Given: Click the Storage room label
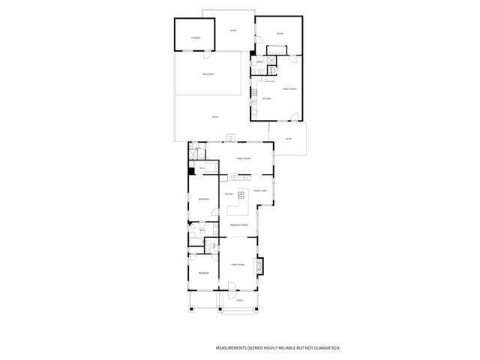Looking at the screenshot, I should click(195, 37).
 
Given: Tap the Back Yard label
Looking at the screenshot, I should click(209, 74).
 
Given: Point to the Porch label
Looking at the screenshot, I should click(239, 301).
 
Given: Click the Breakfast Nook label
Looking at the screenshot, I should click(239, 225).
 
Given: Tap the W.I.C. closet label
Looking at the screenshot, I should click(202, 168).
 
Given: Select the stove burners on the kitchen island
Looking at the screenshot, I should click(242, 196).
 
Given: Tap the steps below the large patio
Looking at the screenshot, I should click(231, 136).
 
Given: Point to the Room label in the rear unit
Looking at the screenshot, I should click(279, 33).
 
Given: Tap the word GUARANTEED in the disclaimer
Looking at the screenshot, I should click(323, 349).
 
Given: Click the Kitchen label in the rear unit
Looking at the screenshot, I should click(265, 99).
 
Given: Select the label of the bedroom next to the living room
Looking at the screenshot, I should click(203, 273).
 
